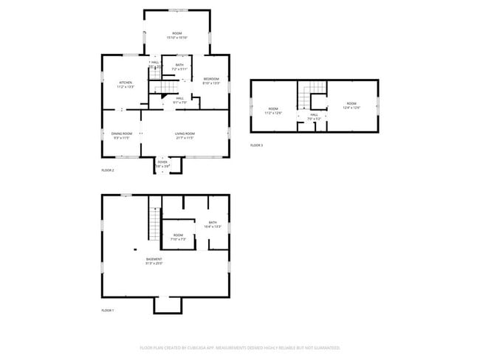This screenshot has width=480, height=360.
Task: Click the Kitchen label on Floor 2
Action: click(125, 85)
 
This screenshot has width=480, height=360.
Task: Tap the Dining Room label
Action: click(120, 136)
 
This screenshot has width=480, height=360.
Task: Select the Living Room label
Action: click(184, 136)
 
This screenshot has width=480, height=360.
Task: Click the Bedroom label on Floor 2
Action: click(211, 81)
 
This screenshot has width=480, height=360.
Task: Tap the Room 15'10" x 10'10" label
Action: click(176, 35)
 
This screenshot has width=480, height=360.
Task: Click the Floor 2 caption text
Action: click(107, 170)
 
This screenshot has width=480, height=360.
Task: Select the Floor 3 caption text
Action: click(256, 145)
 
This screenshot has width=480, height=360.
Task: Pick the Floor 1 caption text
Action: click(107, 311)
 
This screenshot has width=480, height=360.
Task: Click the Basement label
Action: click(154, 261)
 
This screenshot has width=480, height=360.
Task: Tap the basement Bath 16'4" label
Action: click(213, 224)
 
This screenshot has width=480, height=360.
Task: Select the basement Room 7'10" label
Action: click(178, 238)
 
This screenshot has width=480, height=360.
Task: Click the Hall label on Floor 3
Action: click(314, 117)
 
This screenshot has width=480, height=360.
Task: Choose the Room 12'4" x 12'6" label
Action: click(351, 105)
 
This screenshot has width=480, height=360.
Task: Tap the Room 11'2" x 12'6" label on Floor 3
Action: click(273, 112)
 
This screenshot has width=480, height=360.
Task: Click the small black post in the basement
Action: click(136, 249)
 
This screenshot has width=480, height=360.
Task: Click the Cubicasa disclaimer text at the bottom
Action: click(239, 347)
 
